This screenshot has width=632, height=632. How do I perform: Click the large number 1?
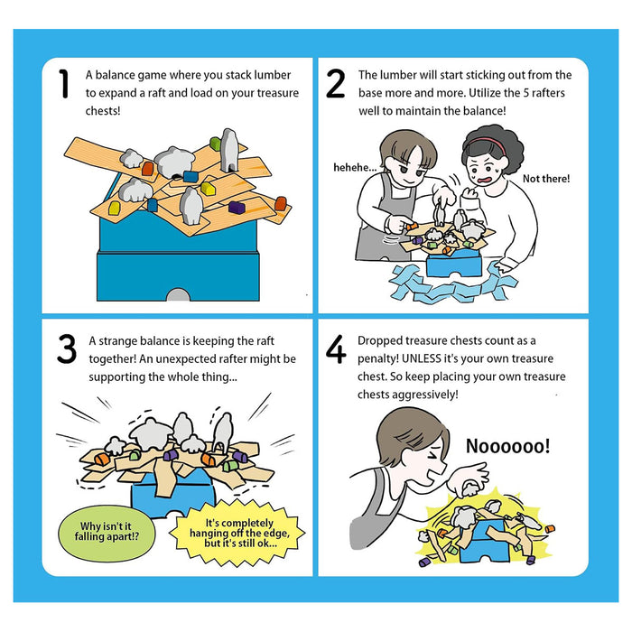point(64,83)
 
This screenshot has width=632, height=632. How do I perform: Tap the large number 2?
point(335,83)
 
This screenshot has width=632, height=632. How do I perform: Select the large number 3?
point(67,349)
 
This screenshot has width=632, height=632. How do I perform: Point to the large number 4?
point(336,349)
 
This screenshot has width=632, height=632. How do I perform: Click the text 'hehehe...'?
point(355,167)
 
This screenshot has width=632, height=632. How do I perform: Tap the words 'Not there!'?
point(546,179)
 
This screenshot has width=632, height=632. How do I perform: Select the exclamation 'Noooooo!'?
point(507,446)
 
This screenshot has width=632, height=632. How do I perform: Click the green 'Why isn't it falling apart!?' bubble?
point(107,533)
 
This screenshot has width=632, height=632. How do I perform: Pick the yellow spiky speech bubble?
point(237,533)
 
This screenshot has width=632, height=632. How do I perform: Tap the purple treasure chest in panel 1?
point(237,207)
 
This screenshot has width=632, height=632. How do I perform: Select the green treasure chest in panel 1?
point(215,143)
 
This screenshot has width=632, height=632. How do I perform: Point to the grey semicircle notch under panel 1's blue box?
point(178,294)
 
